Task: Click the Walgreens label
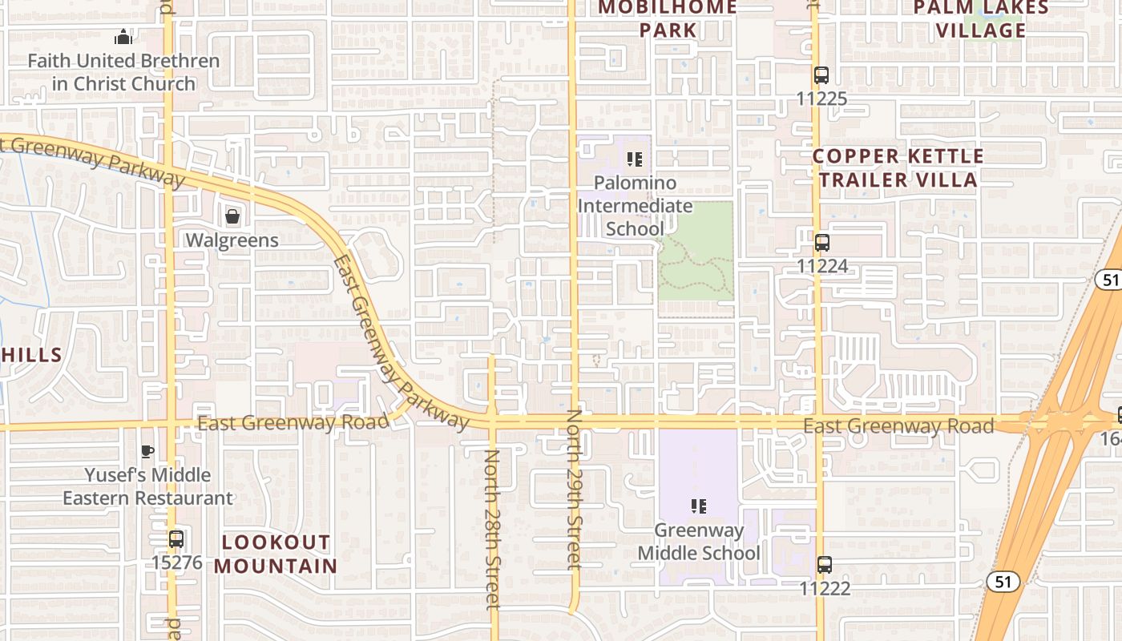pos(232,240)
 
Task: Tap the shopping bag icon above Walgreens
pos(232,216)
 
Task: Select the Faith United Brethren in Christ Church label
pos(123,72)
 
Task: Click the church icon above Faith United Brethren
pos(123,37)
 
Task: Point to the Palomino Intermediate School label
pos(635,206)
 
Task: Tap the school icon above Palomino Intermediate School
pos(635,159)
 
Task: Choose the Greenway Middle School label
pos(699,542)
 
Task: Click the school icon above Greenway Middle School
pos(699,506)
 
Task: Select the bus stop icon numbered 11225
pos(821,76)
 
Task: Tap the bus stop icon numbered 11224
pos(821,243)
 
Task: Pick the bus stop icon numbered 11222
pos(825,565)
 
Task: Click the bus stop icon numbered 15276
pos(176,539)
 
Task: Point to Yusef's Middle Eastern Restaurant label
pos(147,486)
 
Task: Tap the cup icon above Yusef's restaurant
pos(147,451)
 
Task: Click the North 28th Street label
pos(492,529)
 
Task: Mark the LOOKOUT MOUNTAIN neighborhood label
pos(276,554)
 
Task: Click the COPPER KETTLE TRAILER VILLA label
pos(898,168)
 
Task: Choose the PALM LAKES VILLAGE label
pos(981,19)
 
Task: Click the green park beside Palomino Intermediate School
pos(696,250)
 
